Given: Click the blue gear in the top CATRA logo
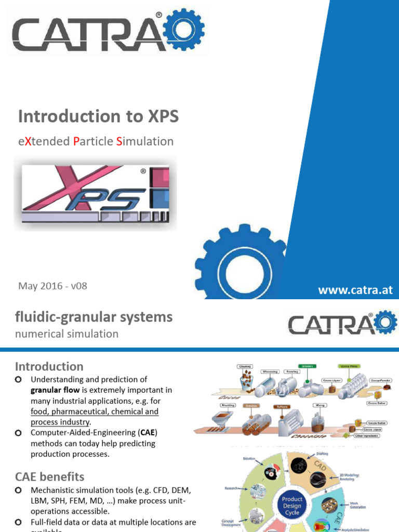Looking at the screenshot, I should [183, 29].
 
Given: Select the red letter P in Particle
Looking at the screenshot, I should [76, 141].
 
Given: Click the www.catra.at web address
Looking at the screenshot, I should [355, 290].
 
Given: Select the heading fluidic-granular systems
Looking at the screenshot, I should [94, 317].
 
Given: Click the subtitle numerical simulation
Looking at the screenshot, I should [66, 334].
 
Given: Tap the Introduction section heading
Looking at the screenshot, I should [49, 366].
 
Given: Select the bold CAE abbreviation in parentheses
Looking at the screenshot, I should [149, 433].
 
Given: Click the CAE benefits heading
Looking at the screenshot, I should [49, 476].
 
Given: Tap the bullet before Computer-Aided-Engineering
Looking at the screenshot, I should [19, 433].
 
